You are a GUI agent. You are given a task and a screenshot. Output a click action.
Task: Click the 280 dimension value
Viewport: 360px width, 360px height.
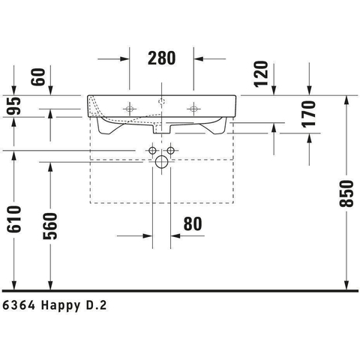point(162,58)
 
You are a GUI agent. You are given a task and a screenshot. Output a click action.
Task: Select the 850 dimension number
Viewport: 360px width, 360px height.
point(346,193)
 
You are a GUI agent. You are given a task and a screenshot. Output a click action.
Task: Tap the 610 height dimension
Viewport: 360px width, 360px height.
point(14,219)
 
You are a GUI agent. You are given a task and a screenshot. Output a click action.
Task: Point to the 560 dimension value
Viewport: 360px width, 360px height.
point(50,226)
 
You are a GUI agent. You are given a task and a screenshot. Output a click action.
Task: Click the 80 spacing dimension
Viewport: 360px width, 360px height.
point(193,224)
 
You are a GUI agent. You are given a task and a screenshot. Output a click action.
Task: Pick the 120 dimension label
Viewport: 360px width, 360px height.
point(261,74)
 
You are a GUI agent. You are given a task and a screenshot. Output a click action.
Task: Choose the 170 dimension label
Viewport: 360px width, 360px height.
point(309,114)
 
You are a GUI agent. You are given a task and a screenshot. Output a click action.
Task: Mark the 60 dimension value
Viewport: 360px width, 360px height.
point(39,76)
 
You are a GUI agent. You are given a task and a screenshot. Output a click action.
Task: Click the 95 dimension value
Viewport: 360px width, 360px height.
point(14,106)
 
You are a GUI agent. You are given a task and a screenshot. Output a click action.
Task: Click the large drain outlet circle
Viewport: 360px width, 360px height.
point(161,162)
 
